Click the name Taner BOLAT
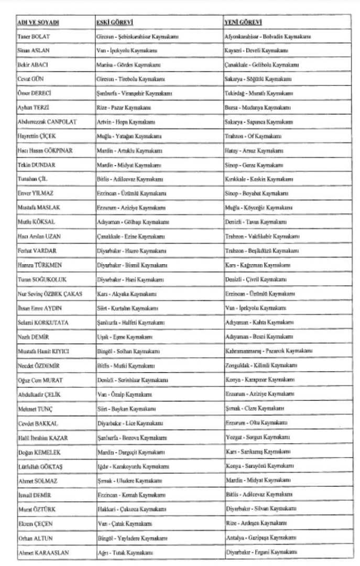(34, 37)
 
